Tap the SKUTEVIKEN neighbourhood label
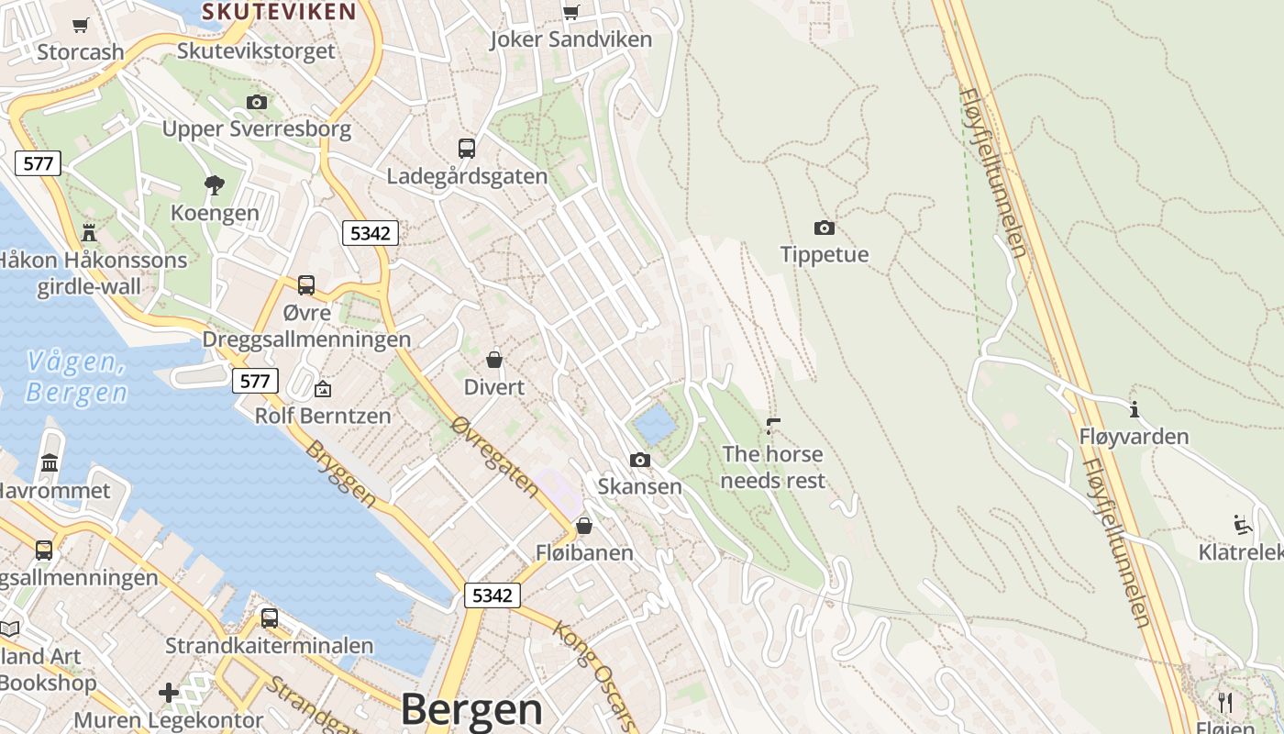(x=279, y=11)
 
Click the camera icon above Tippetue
(x=825, y=228)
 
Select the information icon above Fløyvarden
(x=1135, y=409)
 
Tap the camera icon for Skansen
(x=640, y=460)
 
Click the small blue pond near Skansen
(x=654, y=426)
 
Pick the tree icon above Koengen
(x=215, y=185)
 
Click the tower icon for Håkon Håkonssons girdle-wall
(x=89, y=231)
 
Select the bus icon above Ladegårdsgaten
(x=467, y=148)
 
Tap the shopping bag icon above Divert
(x=494, y=359)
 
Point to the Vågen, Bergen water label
(x=77, y=377)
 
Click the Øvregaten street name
(x=495, y=456)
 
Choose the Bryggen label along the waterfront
(x=340, y=473)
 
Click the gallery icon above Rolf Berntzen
(x=323, y=389)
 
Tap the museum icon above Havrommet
(x=50, y=463)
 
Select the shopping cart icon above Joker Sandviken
(x=571, y=12)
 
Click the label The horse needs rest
(x=773, y=467)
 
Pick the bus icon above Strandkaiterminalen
(x=269, y=617)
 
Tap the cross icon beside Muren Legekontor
(x=169, y=692)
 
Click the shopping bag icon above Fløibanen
(x=584, y=526)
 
